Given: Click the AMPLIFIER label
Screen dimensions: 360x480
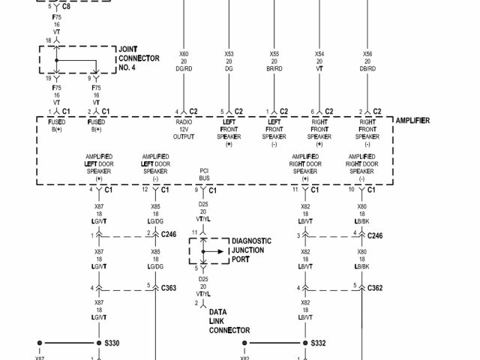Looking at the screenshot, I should tap(412, 121).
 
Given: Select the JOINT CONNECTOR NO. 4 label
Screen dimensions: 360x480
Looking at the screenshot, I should tap(139, 58).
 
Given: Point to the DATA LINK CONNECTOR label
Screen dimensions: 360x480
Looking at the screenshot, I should tap(229, 320).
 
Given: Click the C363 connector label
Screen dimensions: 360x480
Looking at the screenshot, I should tap(169, 287).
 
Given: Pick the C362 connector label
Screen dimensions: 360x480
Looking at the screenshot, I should tap(375, 287).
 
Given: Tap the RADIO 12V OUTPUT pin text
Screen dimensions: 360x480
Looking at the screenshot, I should tap(184, 128).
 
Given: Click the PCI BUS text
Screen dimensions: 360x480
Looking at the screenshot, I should tap(204, 175).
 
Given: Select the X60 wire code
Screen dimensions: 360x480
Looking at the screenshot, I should tap(184, 54).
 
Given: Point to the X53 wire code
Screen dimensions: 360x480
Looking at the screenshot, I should tap(229, 54).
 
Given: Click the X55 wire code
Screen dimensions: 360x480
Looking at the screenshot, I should tap(274, 54).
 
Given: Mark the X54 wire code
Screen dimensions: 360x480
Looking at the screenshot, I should tap(319, 54).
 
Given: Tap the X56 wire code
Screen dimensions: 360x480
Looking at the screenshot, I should tap(367, 54).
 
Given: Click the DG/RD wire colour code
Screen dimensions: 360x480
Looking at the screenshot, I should tap(184, 68).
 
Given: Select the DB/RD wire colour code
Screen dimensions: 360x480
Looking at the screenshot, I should tap(367, 68).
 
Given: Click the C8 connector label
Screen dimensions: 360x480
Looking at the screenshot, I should tap(66, 6).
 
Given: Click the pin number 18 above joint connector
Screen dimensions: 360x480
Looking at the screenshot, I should tap(48, 40).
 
